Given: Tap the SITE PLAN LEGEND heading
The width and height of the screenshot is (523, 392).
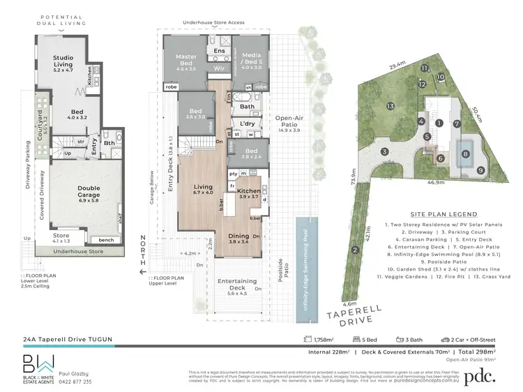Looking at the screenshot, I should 439,215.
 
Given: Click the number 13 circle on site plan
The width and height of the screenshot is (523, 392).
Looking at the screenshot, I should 391,106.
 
